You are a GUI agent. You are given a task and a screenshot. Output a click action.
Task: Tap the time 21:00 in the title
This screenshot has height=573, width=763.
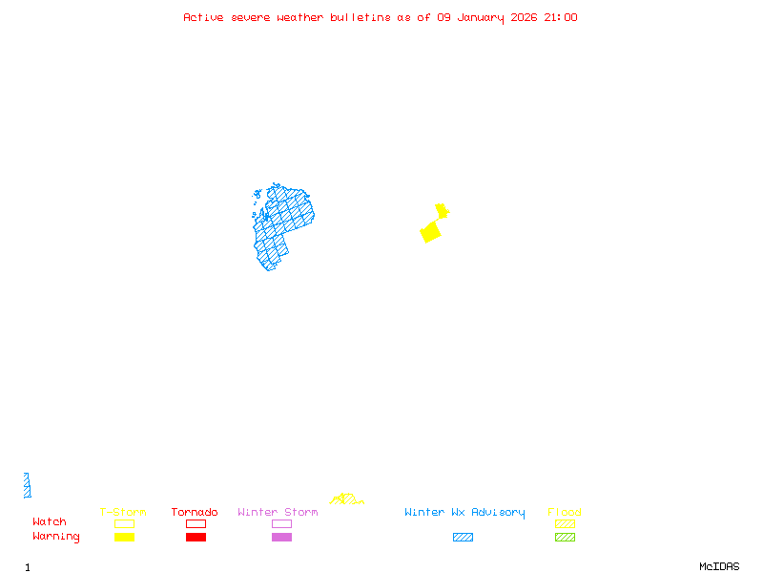pos(560,17)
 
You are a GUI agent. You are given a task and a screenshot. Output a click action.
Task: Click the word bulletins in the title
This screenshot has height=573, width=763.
pos(361,17)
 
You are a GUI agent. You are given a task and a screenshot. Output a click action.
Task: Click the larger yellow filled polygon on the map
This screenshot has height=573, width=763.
pos(431,232)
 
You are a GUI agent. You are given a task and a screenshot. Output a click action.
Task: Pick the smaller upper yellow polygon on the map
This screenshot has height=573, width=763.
pos(442,210)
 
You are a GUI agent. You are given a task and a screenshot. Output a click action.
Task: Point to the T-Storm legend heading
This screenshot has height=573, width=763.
pos(123,513)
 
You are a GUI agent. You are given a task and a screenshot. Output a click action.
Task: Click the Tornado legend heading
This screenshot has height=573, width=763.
pos(195,513)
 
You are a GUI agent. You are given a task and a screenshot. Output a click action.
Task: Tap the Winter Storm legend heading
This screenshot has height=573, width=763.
pos(278,513)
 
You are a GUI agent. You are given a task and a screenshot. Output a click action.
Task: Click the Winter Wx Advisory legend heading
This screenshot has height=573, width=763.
pos(464,513)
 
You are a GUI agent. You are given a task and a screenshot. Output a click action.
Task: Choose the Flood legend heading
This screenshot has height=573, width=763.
pos(565,513)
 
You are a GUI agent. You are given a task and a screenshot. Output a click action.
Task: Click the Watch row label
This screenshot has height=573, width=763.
pos(50,522)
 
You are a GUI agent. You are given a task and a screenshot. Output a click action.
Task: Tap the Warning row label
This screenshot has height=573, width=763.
pos(56,537)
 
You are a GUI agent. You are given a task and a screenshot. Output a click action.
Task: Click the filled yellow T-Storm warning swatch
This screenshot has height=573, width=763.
pos(124,538)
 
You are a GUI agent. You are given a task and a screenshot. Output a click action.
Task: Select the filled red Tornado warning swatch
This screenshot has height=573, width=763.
pos(196,538)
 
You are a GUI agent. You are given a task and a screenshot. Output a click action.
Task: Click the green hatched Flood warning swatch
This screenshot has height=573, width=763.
pos(565,538)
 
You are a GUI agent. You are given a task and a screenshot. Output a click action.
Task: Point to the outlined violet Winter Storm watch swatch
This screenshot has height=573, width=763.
pos(281,523)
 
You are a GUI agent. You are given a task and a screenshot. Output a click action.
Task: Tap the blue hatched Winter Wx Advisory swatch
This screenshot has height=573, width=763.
pos(463,538)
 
